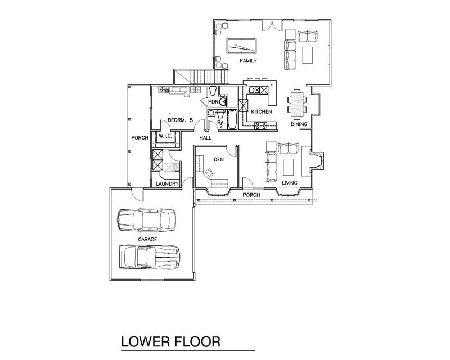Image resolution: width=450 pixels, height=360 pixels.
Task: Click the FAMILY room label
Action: pyautogui.click(x=248, y=61)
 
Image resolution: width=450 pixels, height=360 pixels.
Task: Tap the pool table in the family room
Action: pyautogui.click(x=241, y=46)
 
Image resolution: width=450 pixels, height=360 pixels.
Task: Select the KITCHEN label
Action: pyautogui.click(x=262, y=111)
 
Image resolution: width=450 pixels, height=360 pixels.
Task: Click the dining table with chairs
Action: pyautogui.click(x=297, y=104)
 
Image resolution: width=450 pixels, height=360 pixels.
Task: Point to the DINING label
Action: pyautogui.click(x=299, y=124)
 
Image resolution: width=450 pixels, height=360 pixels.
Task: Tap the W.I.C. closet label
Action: pyautogui.click(x=165, y=136)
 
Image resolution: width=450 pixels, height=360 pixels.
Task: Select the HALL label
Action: pyautogui.click(x=205, y=138)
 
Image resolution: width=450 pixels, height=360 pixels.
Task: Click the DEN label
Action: pyautogui.click(x=219, y=159)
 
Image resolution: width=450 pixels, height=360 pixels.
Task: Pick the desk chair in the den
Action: pyautogui.click(x=209, y=172)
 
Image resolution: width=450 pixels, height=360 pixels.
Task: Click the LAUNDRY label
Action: pyautogui.click(x=167, y=183)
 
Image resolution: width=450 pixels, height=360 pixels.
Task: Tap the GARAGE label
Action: pyautogui.click(x=147, y=239)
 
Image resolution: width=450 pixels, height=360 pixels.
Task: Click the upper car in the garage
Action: pyautogui.click(x=147, y=220)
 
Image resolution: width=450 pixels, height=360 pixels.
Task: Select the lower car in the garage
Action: pyautogui.click(x=150, y=256)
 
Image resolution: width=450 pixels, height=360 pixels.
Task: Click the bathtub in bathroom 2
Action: pyautogui.click(x=232, y=119)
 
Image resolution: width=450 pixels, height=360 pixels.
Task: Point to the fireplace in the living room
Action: pyautogui.click(x=317, y=160)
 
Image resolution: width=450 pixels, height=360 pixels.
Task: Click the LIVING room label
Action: pyautogui.click(x=290, y=183)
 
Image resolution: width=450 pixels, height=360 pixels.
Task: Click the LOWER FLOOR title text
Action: pyautogui.click(x=171, y=341)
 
